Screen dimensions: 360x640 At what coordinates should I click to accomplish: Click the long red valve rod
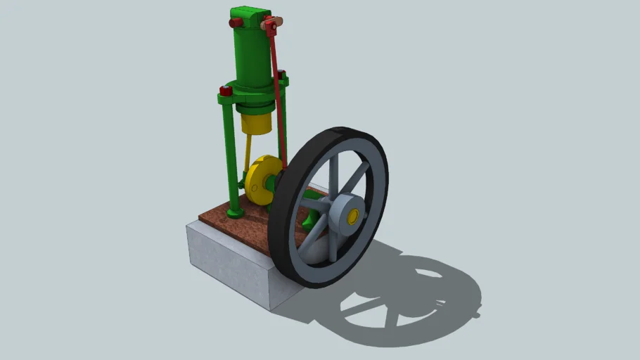click(279, 98)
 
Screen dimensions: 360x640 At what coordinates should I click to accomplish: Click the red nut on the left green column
click(226, 91)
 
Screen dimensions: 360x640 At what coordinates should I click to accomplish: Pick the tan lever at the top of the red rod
click(270, 26)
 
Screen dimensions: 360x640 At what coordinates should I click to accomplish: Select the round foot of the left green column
click(236, 210)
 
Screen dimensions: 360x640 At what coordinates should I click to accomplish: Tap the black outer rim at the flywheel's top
click(345, 134)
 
